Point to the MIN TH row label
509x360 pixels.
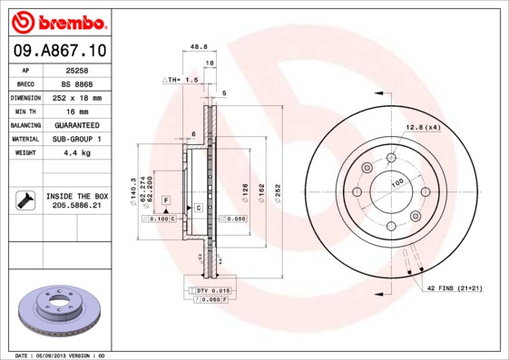point(25,111)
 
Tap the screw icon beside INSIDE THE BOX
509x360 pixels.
point(25,199)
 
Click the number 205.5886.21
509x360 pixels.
point(77,206)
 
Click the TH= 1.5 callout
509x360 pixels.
point(181,80)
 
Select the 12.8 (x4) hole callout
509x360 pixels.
point(423,127)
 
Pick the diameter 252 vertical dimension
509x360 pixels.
point(279,191)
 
